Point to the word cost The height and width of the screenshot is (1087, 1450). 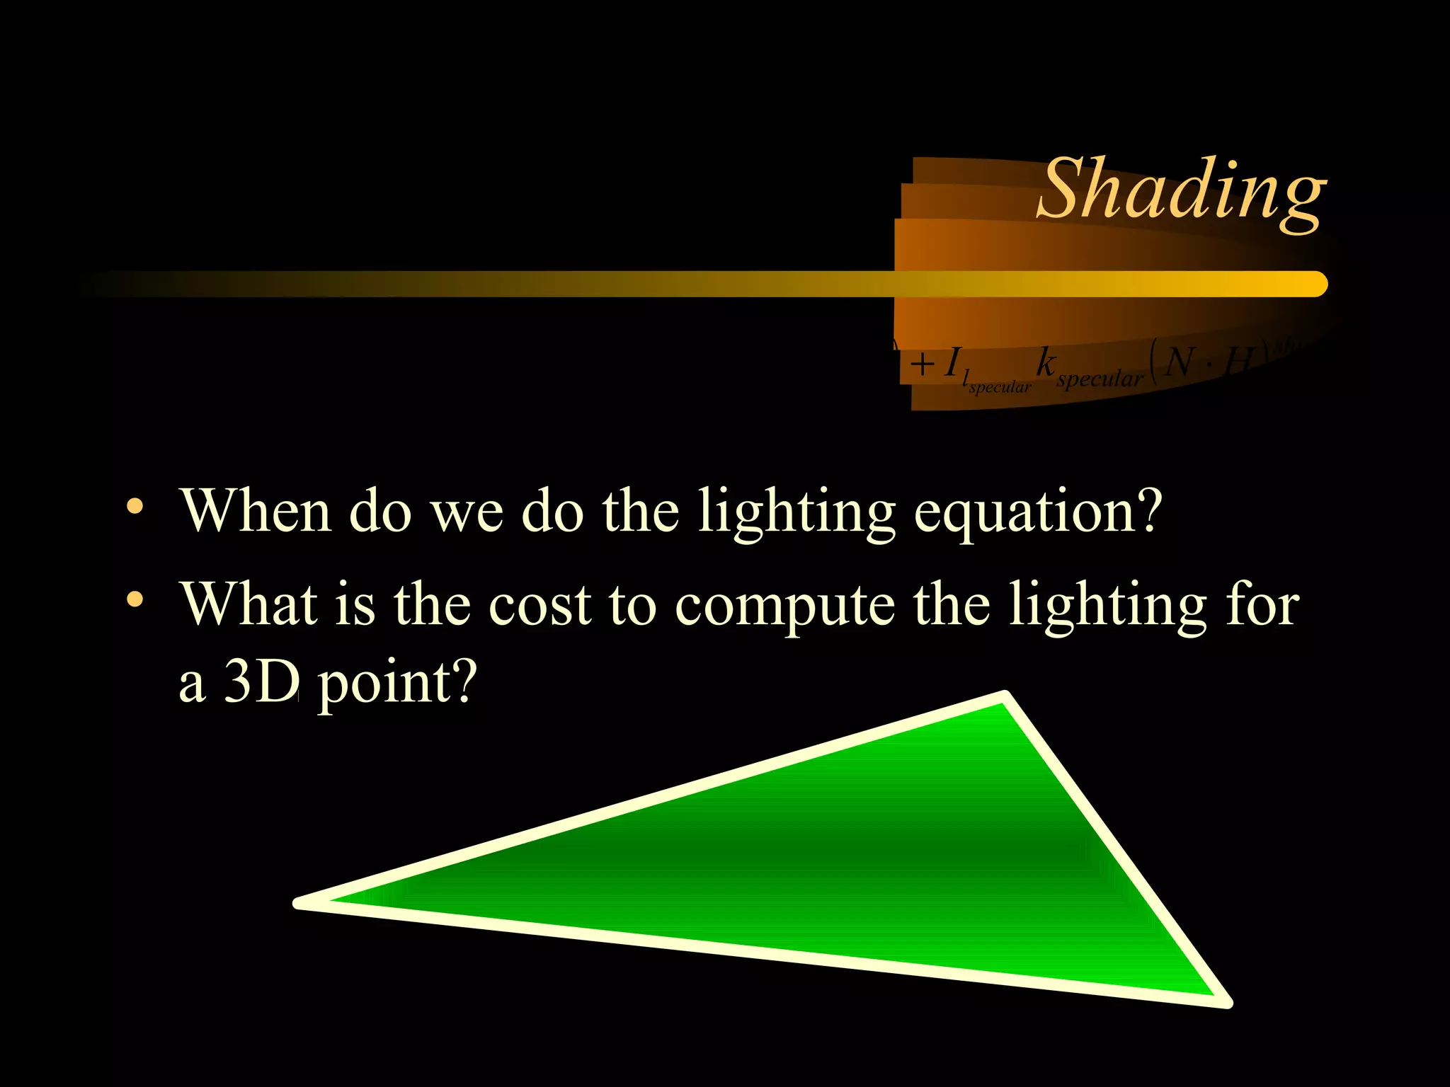[x=540, y=606]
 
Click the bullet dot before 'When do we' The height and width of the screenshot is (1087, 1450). [x=135, y=507]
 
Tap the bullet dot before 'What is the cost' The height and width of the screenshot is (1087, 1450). [x=135, y=601]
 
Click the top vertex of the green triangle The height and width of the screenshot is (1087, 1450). [x=1005, y=697]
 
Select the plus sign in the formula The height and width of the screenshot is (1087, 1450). [x=922, y=365]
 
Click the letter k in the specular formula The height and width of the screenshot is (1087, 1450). [x=1046, y=362]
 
